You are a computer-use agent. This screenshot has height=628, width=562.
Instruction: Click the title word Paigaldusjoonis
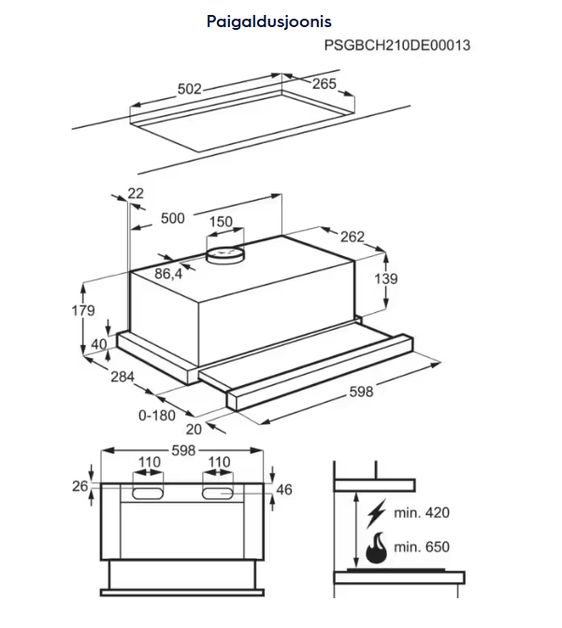click(x=269, y=20)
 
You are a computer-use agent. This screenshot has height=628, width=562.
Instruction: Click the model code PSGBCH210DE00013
click(x=396, y=45)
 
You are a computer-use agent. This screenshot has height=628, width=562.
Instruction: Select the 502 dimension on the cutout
click(x=190, y=89)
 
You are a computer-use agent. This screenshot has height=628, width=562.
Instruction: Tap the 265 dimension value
click(x=324, y=84)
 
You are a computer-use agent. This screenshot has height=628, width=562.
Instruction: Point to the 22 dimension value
click(x=136, y=193)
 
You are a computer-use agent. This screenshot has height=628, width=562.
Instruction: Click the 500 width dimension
click(x=173, y=218)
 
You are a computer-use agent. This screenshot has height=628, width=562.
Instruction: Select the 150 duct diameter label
click(x=220, y=222)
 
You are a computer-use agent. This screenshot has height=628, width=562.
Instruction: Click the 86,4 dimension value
click(x=168, y=274)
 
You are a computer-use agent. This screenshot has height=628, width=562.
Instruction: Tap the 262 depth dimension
click(x=352, y=236)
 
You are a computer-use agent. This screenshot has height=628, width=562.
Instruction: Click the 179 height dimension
click(x=83, y=310)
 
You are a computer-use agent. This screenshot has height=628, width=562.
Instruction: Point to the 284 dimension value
click(x=122, y=378)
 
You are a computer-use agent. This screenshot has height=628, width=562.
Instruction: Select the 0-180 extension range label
click(x=157, y=414)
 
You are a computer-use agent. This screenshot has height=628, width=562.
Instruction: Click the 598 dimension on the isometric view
click(x=360, y=392)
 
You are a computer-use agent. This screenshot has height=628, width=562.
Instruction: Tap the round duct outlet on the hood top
click(x=224, y=252)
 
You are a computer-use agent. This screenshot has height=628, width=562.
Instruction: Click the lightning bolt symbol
click(x=378, y=514)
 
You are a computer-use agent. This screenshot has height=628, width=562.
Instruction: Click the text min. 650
click(x=422, y=547)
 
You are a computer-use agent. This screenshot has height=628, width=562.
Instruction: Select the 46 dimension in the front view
click(x=285, y=489)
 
